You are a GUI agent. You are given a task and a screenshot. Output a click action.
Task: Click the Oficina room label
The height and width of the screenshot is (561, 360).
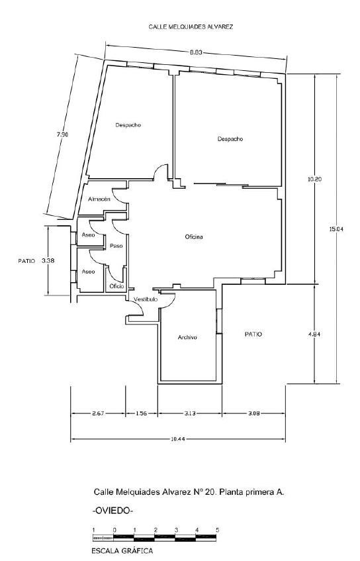[194, 237]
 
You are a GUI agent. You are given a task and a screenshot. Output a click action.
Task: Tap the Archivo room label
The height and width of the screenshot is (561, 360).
[187, 337]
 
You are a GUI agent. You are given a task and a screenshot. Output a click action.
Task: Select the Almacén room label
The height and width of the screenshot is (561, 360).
[99, 199]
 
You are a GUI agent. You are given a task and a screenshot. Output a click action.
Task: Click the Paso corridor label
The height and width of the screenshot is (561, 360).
[116, 246]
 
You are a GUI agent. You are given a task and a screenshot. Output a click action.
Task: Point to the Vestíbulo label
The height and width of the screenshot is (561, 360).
[146, 299]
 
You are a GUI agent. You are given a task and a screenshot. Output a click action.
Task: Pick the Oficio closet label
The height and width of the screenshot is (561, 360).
[116, 286]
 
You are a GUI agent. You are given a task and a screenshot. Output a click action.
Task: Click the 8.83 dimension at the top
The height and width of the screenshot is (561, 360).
[196, 52]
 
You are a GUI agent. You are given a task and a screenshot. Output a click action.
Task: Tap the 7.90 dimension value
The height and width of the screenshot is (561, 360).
[62, 134]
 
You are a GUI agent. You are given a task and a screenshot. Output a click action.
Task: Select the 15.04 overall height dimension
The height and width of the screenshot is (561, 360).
[336, 229]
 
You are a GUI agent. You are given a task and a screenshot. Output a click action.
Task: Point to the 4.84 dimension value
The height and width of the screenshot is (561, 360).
[314, 334]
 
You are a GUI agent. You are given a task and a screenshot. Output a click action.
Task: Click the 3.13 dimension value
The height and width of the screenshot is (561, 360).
[190, 413]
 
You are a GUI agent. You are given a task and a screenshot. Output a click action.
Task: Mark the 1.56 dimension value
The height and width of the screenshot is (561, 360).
[141, 413]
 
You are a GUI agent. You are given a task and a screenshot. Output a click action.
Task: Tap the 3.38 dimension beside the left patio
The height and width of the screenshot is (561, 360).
[48, 261]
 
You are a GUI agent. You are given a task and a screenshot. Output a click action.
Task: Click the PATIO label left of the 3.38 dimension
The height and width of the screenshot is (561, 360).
[27, 261]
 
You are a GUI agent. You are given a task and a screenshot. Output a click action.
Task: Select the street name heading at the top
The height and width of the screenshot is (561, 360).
[191, 26]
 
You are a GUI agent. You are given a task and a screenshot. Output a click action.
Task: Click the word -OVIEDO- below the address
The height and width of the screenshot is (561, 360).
[112, 511]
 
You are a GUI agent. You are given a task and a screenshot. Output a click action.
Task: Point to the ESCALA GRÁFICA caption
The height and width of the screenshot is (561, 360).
[122, 551]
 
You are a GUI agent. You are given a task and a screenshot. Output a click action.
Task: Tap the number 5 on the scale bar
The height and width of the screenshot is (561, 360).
[217, 530]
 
